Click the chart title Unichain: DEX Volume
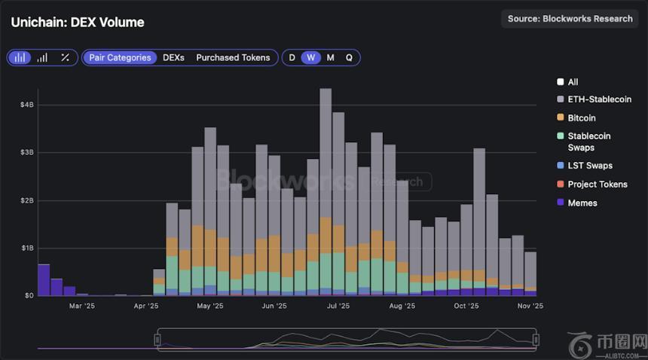click(x=78, y=23)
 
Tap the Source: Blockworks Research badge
click(x=570, y=19)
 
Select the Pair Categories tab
click(x=120, y=57)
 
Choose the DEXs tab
click(x=173, y=57)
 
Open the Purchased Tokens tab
click(x=233, y=57)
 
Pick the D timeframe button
click(x=292, y=57)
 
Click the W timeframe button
click(x=310, y=57)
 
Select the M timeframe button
click(x=330, y=57)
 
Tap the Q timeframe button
click(x=349, y=57)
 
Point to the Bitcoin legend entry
click(x=581, y=118)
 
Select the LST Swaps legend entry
click(x=589, y=166)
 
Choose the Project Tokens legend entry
click(x=597, y=185)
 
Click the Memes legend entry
click(x=582, y=203)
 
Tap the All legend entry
click(x=573, y=82)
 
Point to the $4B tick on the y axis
click(x=27, y=105)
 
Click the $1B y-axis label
click(x=27, y=248)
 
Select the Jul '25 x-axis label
click(x=338, y=307)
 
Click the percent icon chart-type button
click(x=65, y=57)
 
